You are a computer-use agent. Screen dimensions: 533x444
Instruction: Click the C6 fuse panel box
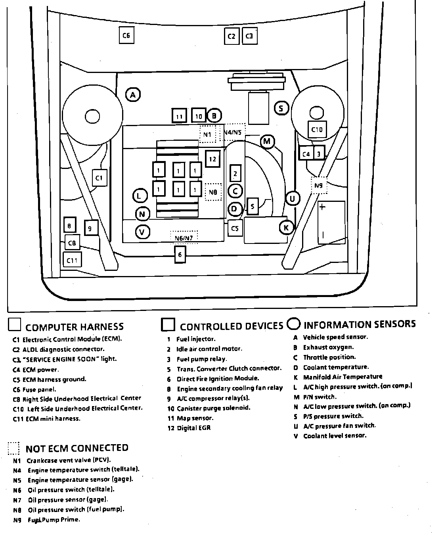[126, 35]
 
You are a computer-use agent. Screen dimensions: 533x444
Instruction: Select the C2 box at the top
[231, 36]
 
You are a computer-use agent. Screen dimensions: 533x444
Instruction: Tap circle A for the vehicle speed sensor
[133, 95]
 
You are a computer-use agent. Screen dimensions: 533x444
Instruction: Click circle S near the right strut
[281, 108]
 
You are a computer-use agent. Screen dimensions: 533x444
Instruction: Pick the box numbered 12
[212, 159]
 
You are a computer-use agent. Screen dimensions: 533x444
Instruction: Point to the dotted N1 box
[207, 134]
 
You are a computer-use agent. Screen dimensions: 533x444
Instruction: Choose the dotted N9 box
[319, 185]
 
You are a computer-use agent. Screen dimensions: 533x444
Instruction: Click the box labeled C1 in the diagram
[99, 178]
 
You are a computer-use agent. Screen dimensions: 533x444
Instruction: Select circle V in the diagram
[142, 232]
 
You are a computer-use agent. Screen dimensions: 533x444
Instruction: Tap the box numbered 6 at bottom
[180, 254]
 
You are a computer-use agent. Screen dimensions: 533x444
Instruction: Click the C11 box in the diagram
[72, 260]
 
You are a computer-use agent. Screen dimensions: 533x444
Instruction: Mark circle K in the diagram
[286, 227]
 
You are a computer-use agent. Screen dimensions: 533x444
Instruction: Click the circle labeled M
[267, 142]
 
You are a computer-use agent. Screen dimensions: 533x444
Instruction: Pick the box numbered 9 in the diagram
[91, 228]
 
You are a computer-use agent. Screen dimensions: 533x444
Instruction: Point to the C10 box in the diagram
[317, 129]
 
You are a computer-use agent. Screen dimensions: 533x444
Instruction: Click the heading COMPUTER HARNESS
[75, 327]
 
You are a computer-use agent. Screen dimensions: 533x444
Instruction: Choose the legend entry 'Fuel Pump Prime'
[54, 520]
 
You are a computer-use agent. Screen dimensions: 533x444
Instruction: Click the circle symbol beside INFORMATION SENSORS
[294, 324]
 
